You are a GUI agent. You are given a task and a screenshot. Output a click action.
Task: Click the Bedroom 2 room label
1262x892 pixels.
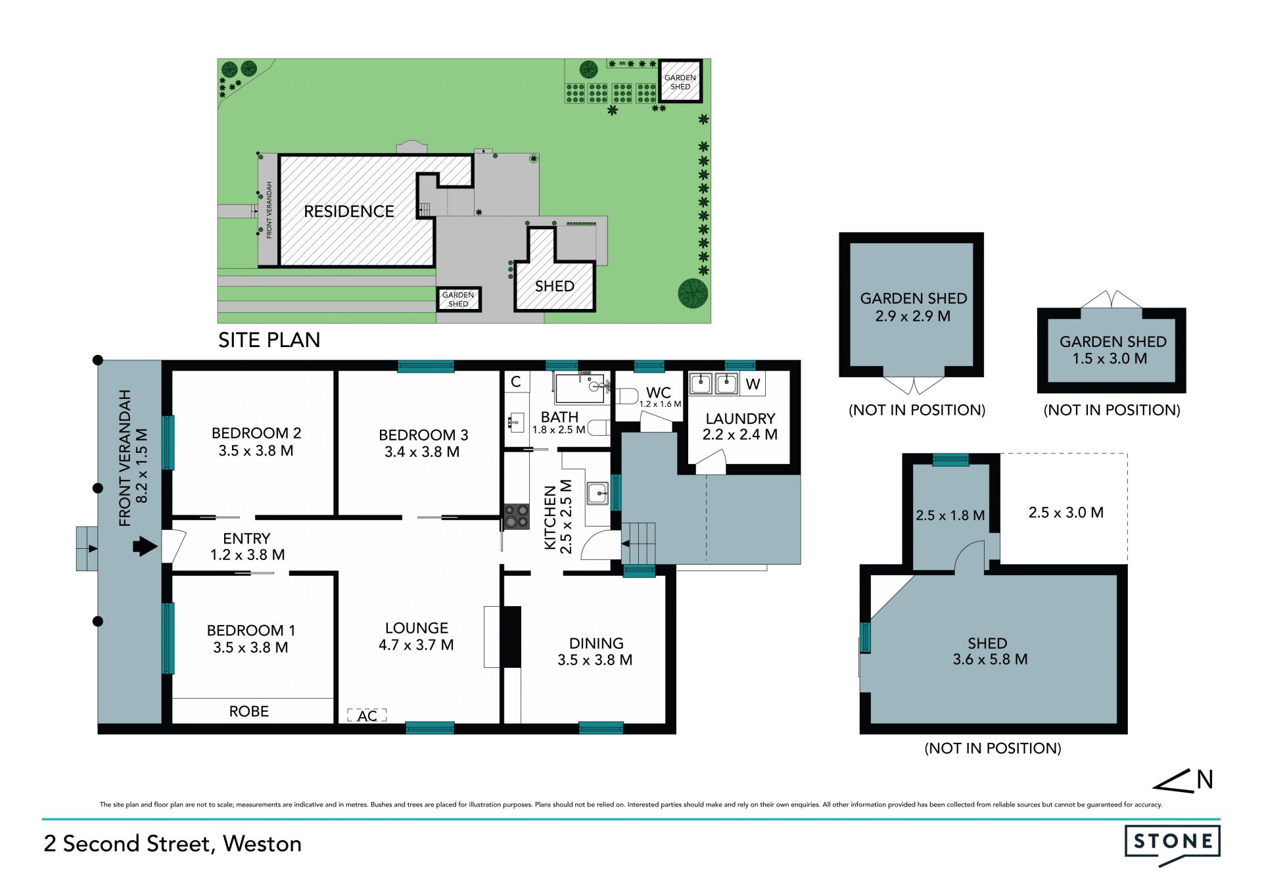[x=256, y=442]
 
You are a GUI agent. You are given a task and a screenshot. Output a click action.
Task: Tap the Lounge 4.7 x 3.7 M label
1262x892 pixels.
[x=416, y=636]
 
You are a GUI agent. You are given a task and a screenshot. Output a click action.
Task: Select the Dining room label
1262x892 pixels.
[x=596, y=651]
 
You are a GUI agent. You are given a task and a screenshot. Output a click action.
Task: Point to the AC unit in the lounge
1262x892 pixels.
[x=367, y=715]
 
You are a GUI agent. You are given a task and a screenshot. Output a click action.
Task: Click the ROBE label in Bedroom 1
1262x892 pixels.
[x=249, y=711]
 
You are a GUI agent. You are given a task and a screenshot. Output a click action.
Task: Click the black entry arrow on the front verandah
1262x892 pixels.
[x=145, y=546]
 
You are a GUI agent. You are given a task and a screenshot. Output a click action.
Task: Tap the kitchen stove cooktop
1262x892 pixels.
[x=517, y=517]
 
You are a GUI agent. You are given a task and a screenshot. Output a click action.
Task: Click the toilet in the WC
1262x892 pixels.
[x=627, y=396]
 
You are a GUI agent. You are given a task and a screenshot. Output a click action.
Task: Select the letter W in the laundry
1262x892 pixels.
[x=753, y=384]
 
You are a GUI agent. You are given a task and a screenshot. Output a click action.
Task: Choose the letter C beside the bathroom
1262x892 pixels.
[x=516, y=381]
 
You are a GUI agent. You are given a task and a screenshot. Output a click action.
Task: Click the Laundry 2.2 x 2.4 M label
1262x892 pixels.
[x=740, y=427]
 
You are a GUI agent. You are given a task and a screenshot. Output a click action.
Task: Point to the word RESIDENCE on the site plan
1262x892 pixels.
[x=349, y=211]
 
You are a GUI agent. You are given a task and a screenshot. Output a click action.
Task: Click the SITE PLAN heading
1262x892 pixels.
[x=269, y=340]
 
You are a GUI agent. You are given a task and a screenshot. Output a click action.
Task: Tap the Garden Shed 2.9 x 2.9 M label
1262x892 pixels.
[x=913, y=307]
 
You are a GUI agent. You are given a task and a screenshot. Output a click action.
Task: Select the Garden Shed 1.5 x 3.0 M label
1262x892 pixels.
[x=1112, y=350]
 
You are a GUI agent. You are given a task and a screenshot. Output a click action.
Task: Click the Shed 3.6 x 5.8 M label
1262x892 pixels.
[x=990, y=651]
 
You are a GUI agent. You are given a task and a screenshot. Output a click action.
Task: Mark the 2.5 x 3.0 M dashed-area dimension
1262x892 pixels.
[x=1066, y=513]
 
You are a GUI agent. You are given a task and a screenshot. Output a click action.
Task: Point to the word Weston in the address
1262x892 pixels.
[x=262, y=843]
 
